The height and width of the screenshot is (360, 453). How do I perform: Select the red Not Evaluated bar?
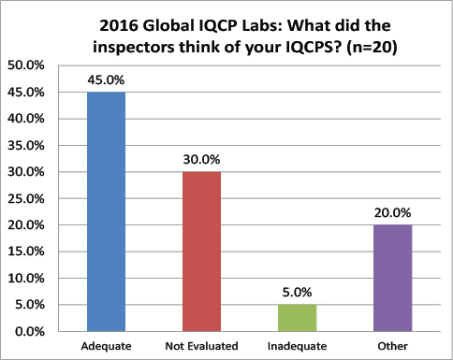pyautogui.click(x=201, y=252)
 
